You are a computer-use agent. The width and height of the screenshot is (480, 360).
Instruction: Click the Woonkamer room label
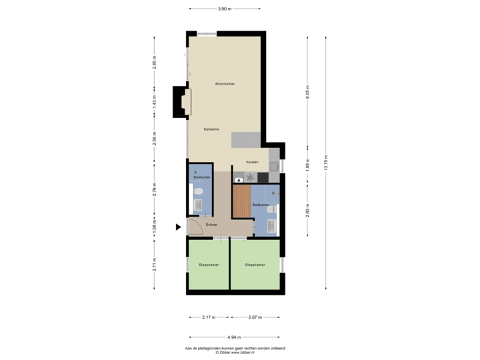[x=225, y=84]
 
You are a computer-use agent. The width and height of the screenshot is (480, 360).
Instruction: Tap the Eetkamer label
[x=212, y=129]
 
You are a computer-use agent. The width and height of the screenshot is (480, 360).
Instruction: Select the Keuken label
[x=252, y=162]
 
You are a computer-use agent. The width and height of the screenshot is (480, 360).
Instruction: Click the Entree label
[x=211, y=225]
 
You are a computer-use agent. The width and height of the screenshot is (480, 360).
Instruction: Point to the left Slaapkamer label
[x=209, y=265]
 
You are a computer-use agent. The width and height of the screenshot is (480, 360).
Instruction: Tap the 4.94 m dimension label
[x=233, y=337]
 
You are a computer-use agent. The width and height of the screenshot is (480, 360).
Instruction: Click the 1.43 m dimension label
[x=154, y=103]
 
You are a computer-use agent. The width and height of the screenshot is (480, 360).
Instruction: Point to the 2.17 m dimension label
[x=209, y=317]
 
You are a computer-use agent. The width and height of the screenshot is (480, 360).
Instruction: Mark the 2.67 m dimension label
[x=255, y=317]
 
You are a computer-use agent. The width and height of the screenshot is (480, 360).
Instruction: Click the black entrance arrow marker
[x=177, y=227]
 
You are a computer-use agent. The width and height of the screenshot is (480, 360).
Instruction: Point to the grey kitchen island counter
[x=246, y=139]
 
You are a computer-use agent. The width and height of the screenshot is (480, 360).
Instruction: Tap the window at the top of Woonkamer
[x=206, y=33]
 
